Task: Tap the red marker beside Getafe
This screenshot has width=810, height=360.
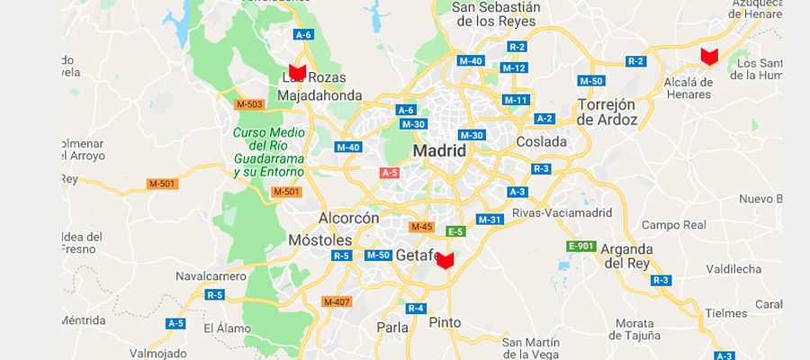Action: (445, 260)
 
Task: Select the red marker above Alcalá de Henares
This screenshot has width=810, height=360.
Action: (709, 57)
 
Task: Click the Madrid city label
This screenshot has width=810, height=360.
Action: (439, 150)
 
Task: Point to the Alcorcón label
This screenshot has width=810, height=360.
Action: (349, 218)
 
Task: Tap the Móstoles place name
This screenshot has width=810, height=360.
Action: (319, 240)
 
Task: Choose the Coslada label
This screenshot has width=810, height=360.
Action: (542, 141)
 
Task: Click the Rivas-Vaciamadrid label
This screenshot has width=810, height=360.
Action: (562, 213)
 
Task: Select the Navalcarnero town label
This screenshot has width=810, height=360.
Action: (211, 275)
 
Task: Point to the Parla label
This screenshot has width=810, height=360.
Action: (391, 328)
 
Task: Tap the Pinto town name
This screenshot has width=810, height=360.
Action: (445, 322)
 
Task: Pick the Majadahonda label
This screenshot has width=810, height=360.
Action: (319, 95)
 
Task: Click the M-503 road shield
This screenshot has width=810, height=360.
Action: (249, 104)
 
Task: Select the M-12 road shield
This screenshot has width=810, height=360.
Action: (514, 67)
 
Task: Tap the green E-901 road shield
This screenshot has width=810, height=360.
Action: (580, 246)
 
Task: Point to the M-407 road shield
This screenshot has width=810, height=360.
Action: (337, 301)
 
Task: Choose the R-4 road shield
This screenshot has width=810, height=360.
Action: (415, 309)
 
